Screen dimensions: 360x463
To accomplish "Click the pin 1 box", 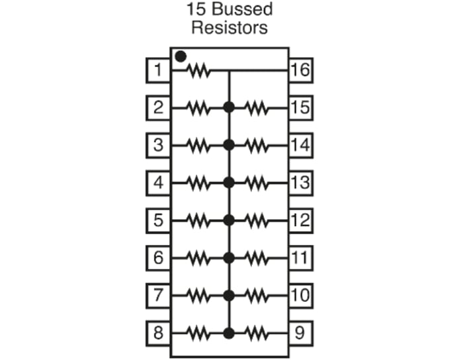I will (x=157, y=69).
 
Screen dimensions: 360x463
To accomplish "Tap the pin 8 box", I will (x=157, y=332).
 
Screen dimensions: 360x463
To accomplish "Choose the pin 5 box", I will (x=157, y=220).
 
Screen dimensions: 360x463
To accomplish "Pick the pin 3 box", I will (x=157, y=145).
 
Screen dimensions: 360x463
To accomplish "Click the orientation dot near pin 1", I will (x=181, y=57).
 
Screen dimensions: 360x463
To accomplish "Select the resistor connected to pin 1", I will (x=199, y=69).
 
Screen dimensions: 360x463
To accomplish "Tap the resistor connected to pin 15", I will (x=257, y=107).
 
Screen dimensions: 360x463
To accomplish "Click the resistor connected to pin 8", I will (x=199, y=332).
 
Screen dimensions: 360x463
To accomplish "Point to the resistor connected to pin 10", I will (x=257, y=294).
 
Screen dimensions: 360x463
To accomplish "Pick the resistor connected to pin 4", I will (x=199, y=182).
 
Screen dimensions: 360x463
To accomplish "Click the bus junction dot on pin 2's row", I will (x=229, y=107).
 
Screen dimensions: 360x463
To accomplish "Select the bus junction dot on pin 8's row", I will (x=229, y=332).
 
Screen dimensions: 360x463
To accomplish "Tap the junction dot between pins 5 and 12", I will (x=229, y=220).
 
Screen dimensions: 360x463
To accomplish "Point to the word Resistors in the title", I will (x=230, y=28).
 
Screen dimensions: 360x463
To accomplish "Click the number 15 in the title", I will (x=196, y=11).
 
